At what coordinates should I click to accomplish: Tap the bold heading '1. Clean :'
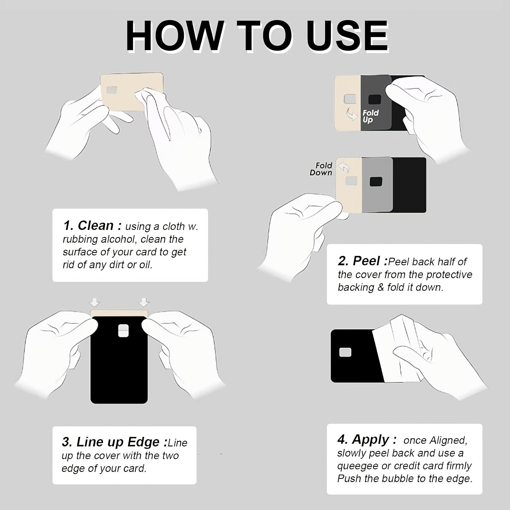pyautogui.click(x=92, y=226)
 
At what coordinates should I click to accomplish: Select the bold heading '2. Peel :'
pyautogui.click(x=363, y=261)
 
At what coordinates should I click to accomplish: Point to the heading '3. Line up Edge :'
pyautogui.click(x=115, y=442)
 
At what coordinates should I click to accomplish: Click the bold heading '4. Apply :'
pyautogui.click(x=367, y=440)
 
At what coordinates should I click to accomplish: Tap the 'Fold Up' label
pyautogui.click(x=370, y=116)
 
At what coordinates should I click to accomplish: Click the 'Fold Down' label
pyautogui.click(x=321, y=169)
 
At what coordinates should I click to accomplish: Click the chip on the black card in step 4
pyautogui.click(x=345, y=353)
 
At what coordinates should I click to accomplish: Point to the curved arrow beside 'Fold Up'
pyautogui.click(x=351, y=114)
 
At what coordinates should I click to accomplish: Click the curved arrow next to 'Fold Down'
pyautogui.click(x=344, y=168)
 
